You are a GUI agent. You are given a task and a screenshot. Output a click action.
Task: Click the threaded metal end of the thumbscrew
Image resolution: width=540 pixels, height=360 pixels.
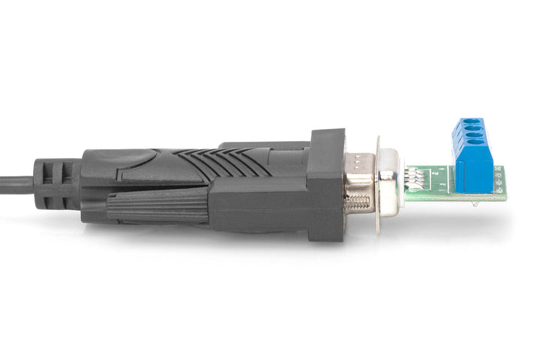click(358, 201)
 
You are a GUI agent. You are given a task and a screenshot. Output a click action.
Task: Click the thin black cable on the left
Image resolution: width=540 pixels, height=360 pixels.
click(15, 182)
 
